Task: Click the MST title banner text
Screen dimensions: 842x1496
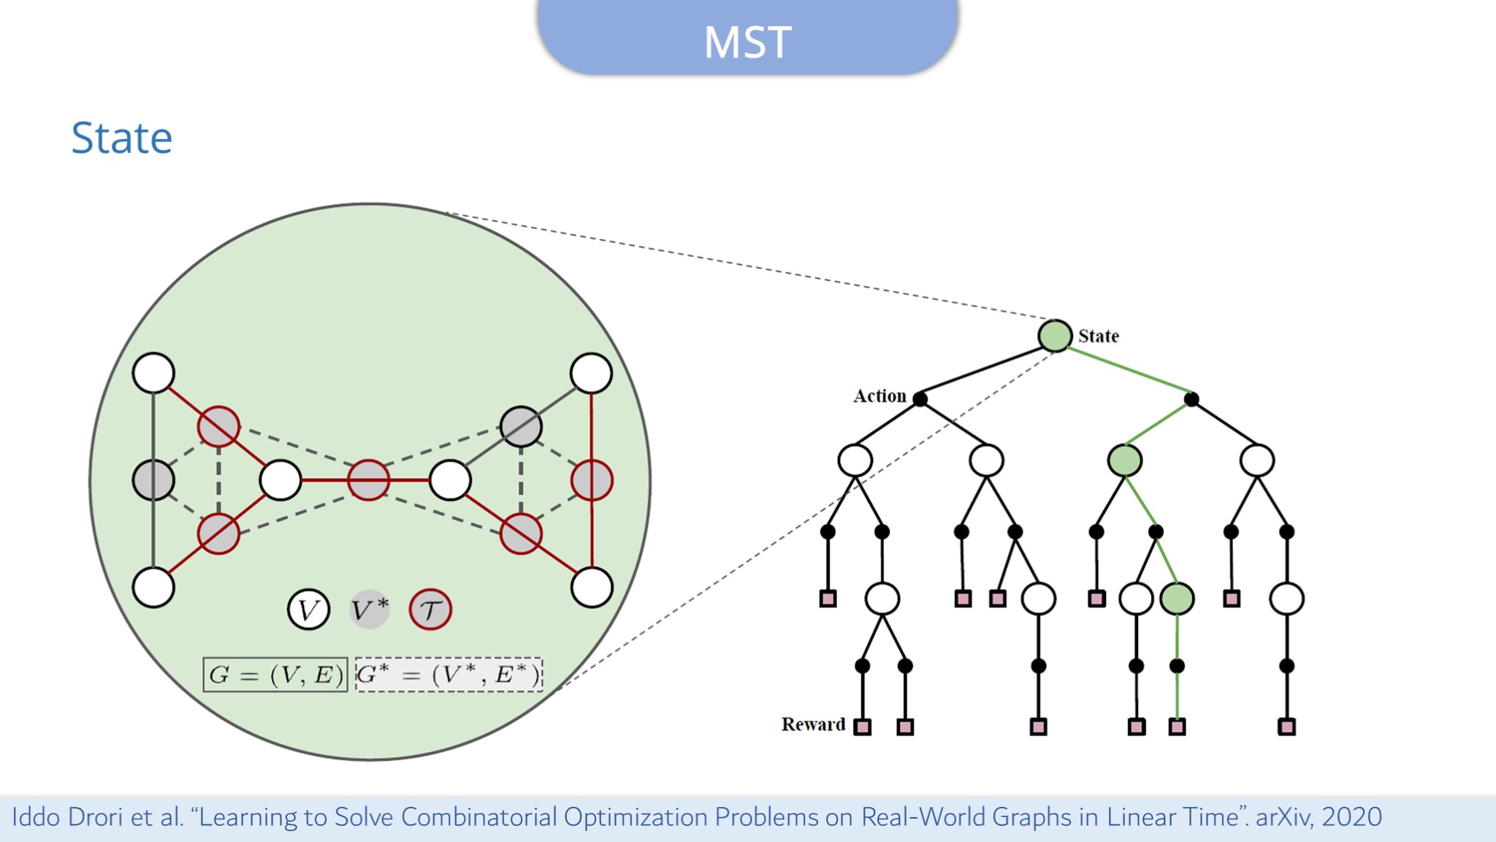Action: pyautogui.click(x=747, y=42)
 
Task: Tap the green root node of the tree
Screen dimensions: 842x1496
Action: pyautogui.click(x=1055, y=335)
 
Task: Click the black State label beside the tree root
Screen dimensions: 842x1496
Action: pyautogui.click(x=1098, y=336)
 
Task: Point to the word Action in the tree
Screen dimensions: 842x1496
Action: pyautogui.click(x=879, y=396)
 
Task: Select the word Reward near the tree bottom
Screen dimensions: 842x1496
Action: pyautogui.click(x=813, y=724)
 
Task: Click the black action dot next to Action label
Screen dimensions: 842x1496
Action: pyautogui.click(x=920, y=399)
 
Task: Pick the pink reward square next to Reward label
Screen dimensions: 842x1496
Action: pyautogui.click(x=863, y=727)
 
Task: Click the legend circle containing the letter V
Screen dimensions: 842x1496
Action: pyautogui.click(x=308, y=610)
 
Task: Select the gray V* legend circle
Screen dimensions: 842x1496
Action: pyautogui.click(x=370, y=610)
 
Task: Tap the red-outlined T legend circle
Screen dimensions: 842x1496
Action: pyautogui.click(x=430, y=610)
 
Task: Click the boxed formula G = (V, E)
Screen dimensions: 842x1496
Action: pyautogui.click(x=275, y=675)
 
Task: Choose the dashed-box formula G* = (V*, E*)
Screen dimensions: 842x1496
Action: pyautogui.click(x=449, y=675)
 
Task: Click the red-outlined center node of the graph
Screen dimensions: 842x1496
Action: pyautogui.click(x=368, y=480)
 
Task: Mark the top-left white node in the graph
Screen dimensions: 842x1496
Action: pyautogui.click(x=153, y=373)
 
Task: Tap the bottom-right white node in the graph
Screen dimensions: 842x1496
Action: pyautogui.click(x=592, y=587)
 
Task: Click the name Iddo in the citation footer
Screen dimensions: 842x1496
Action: pyautogui.click(x=36, y=817)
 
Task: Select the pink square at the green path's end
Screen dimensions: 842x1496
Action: pyautogui.click(x=1177, y=727)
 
